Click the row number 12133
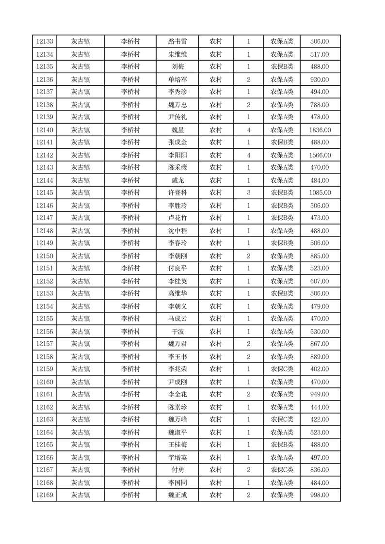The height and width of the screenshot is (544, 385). click(45, 42)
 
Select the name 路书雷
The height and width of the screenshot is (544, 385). click(177, 42)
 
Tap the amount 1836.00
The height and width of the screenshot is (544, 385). click(320, 130)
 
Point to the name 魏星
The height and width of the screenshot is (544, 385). click(177, 130)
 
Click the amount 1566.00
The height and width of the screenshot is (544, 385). click(320, 155)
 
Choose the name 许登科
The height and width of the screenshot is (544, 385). click(177, 193)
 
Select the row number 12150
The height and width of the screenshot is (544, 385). click(45, 256)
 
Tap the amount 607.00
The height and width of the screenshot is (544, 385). click(320, 281)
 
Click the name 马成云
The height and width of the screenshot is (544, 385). click(177, 319)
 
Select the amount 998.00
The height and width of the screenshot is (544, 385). click(320, 495)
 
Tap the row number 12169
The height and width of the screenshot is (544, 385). click(45, 495)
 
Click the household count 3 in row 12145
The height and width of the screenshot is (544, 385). click(249, 193)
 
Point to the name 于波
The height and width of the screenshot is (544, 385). click(177, 332)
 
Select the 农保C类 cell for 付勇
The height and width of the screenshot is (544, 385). click(282, 470)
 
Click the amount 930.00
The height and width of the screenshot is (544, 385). click(320, 80)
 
